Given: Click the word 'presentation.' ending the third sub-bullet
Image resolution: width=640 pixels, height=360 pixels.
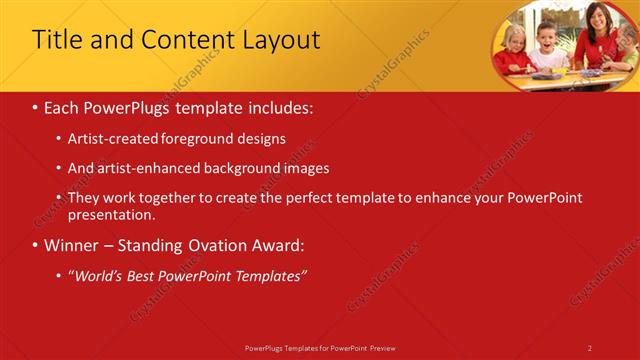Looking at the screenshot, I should tap(111, 214).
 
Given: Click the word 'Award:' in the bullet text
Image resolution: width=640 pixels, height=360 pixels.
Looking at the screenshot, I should tap(279, 245).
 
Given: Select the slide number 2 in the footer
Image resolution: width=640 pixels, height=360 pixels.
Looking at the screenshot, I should tap(589, 347).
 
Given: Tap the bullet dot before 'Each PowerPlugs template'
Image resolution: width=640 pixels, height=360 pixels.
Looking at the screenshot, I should tap(36, 107).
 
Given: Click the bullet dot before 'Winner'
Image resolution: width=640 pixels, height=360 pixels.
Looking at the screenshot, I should tap(36, 245).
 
